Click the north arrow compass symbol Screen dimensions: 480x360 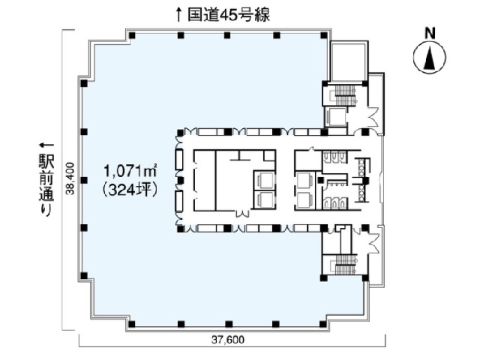[430, 57]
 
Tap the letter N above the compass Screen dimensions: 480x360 [430, 33]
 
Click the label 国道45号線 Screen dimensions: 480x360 [229, 15]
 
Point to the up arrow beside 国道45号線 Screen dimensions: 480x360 [178, 15]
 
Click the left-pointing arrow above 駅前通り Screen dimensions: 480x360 [46, 145]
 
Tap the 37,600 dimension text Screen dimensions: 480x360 [228, 340]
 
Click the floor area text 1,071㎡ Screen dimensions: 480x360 [130, 171]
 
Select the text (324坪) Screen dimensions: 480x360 [130, 190]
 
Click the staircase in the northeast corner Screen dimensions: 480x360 [345, 94]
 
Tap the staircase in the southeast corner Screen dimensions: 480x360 [345, 265]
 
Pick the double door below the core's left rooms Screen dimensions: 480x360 [241, 213]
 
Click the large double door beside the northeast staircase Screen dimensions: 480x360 [373, 117]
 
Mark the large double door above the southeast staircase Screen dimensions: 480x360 [373, 241]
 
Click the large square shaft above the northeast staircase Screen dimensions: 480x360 [348, 61]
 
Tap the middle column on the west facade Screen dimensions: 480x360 [84, 180]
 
